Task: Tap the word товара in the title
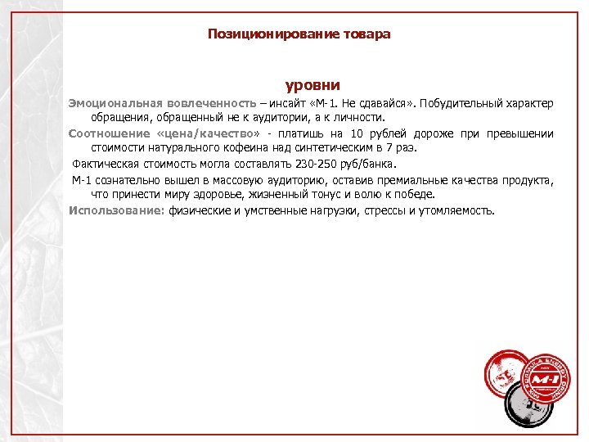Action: tap(364, 34)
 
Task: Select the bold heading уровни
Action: tap(312, 85)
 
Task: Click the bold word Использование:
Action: tap(117, 210)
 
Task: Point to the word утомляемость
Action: tap(455, 210)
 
